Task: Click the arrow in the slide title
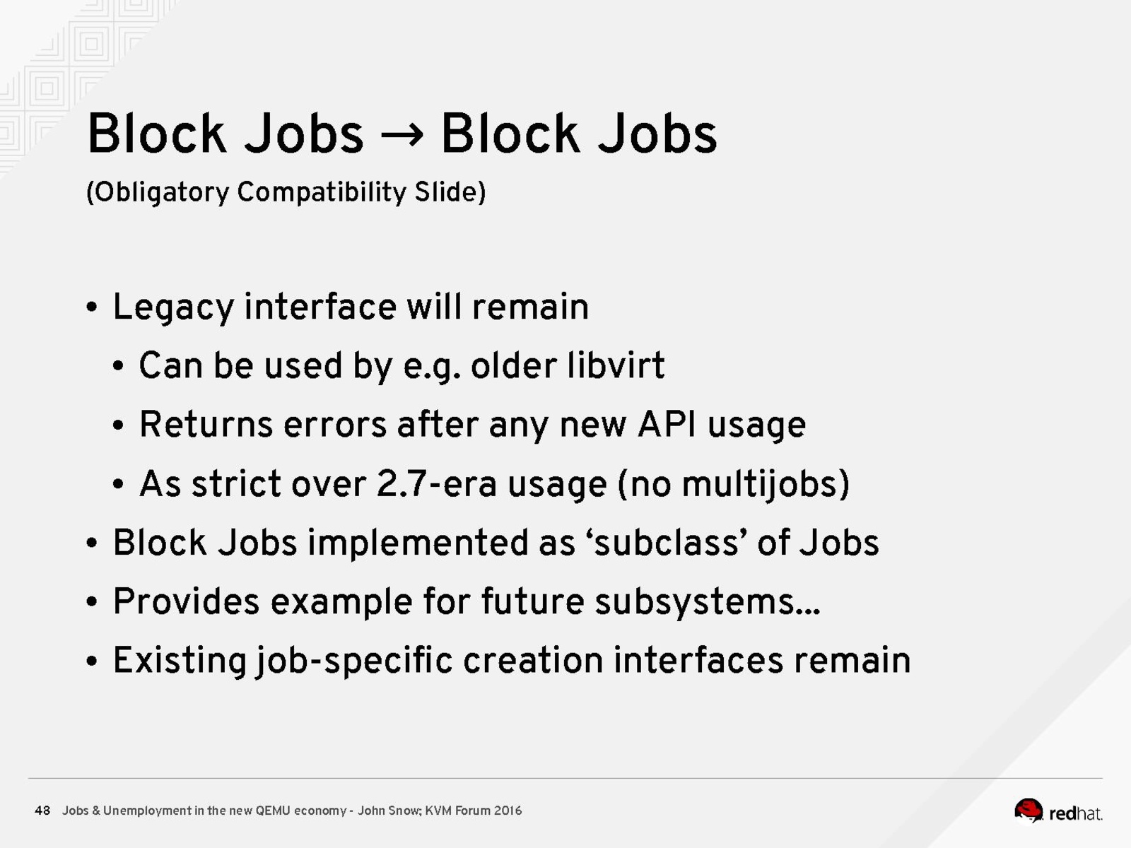402,135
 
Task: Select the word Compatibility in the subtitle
322,192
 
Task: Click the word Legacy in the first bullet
173,308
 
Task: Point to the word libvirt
616,365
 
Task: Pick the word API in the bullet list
667,425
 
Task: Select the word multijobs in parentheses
761,485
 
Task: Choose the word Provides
186,601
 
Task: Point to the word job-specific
354,661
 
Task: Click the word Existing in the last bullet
180,661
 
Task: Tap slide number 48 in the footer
42,811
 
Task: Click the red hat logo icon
1029,811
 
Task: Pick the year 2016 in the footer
508,811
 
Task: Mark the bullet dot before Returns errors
118,425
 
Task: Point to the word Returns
206,425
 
